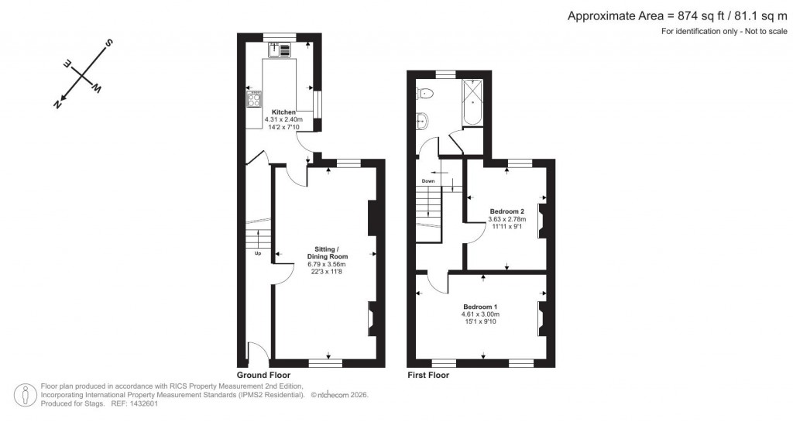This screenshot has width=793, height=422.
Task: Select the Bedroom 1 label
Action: (x=480, y=307)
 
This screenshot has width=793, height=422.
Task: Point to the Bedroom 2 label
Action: (x=507, y=211)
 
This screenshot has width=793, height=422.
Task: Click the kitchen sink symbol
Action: (x=280, y=50)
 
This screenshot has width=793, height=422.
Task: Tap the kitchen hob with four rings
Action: (x=253, y=99)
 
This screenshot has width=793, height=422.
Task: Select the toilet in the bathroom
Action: (x=424, y=94)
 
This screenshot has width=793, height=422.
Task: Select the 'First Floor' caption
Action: (x=428, y=375)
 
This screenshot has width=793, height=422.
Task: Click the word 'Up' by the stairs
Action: (x=257, y=253)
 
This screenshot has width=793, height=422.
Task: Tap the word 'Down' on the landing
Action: (x=428, y=181)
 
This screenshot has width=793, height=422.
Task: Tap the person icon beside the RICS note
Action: (x=28, y=394)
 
